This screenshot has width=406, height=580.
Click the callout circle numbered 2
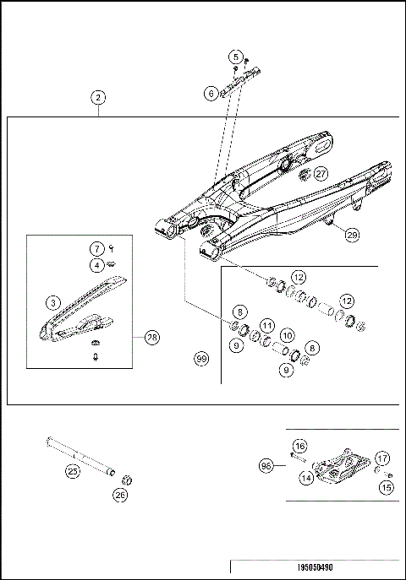99,98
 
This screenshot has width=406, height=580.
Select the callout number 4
98,265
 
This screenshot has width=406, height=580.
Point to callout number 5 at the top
234,57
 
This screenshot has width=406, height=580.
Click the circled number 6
211,95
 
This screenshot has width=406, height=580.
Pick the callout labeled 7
98,248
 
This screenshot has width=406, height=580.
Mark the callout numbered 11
266,325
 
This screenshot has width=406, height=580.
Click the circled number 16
299,445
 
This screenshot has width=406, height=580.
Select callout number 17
382,458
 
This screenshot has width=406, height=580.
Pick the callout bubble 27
321,173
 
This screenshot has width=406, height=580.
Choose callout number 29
351,237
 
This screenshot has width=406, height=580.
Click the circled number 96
266,463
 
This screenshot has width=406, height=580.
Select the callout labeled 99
200,360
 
